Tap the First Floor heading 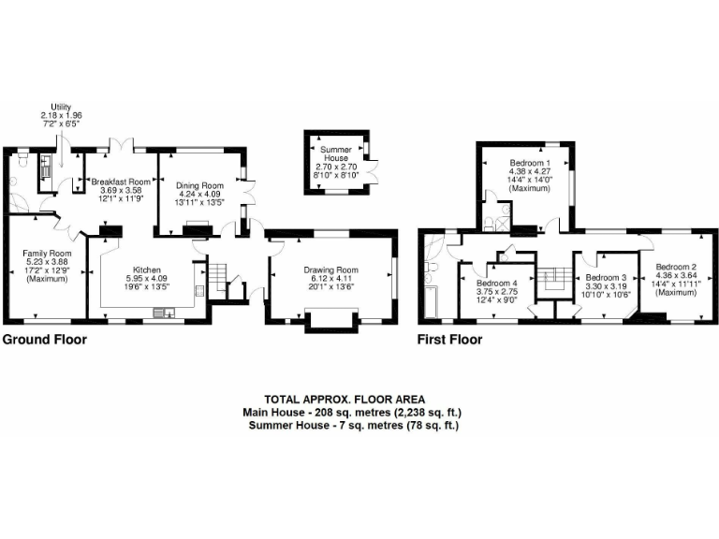click(449, 340)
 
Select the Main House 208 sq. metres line click(353, 412)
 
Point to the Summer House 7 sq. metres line click(353, 426)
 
